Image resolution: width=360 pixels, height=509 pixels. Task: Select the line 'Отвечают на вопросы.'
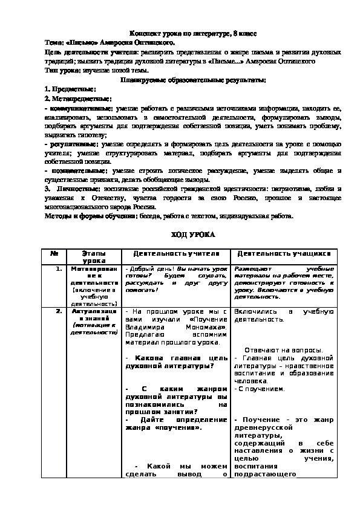click(284, 350)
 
